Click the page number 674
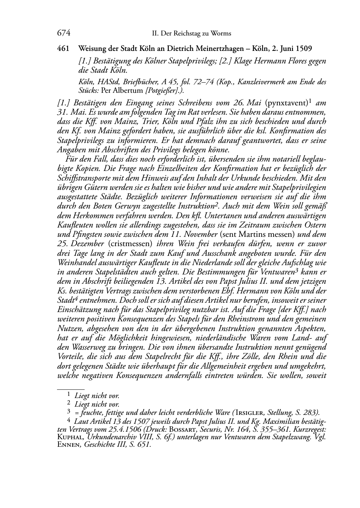pyautogui.click(x=63, y=33)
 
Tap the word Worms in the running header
pyautogui.click(x=222, y=34)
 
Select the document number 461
pyautogui.click(x=63, y=48)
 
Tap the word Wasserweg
pyautogui.click(x=90, y=347)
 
